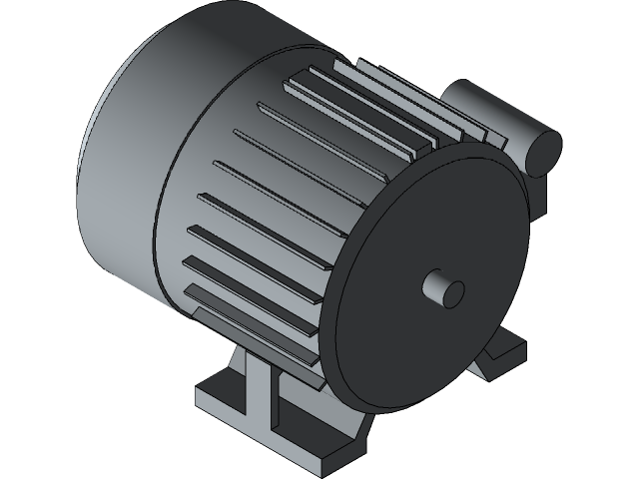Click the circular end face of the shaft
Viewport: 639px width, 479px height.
[453, 292]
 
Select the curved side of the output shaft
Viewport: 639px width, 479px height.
[435, 285]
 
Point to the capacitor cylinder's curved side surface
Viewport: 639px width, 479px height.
[489, 110]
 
